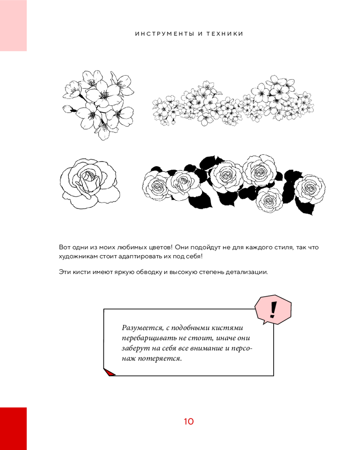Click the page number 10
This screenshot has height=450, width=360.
point(189,421)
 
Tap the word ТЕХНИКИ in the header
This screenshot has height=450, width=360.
point(225,34)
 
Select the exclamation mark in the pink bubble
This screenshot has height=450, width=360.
point(273,310)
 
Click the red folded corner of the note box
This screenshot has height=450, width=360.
point(109,373)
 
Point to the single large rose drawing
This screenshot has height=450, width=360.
point(90,184)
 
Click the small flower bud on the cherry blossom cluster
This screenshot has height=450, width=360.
point(68,109)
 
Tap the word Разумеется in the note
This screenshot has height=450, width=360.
point(142,328)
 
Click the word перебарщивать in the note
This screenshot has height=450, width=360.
point(148,338)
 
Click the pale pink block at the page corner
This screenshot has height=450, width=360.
point(13,26)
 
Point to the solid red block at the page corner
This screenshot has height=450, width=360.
point(13,428)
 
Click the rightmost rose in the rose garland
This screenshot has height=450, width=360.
point(310,187)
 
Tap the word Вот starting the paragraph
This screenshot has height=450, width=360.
point(65,247)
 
